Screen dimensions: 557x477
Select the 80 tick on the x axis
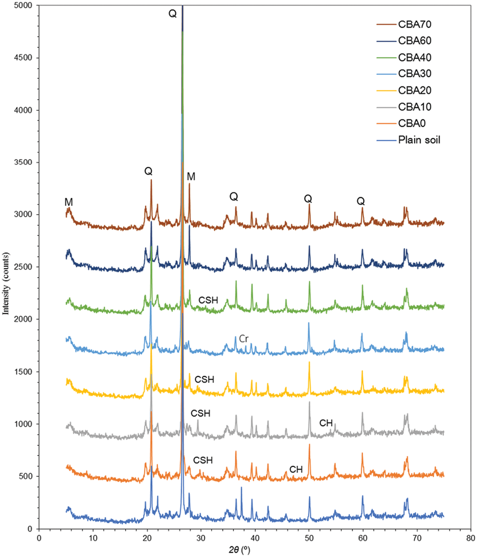[x=471, y=538]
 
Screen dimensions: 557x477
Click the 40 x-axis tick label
[x=255, y=538]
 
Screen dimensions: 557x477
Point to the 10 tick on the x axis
[x=93, y=538]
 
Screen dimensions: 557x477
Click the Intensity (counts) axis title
[x=6, y=283]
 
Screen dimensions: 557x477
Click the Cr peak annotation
[x=244, y=339]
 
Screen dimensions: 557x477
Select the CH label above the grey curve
[x=326, y=423]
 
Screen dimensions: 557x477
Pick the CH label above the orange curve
[x=296, y=469]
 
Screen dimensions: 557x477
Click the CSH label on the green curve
[x=208, y=300]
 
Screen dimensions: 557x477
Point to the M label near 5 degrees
[x=69, y=202]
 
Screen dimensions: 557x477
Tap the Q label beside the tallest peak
[x=173, y=14]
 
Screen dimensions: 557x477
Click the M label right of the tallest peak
[x=191, y=176]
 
